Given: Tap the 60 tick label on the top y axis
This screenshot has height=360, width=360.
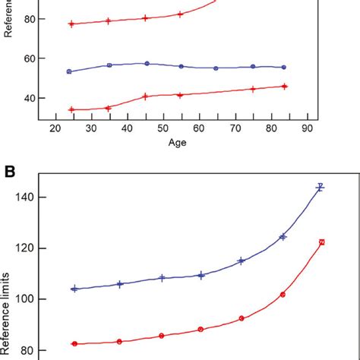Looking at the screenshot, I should coord(30,58).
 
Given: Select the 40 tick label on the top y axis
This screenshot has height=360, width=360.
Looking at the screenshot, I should coord(30,99).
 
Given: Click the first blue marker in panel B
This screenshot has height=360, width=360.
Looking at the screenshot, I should coord(74,289).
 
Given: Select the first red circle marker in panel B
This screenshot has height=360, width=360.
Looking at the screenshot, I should coord(74,343).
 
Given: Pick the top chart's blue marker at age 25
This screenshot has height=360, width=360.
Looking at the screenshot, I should coord(69,71).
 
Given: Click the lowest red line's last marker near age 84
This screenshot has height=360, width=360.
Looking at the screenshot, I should coord(284,87).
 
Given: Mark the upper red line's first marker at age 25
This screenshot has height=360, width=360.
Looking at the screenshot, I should coord(71,24).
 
